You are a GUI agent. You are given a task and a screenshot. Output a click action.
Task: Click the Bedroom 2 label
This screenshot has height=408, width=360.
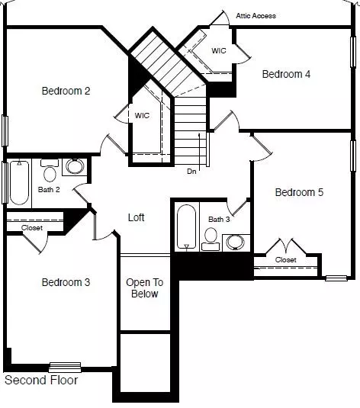[x=66, y=91]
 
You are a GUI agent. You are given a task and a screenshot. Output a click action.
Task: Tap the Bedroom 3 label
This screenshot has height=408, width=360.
[x=66, y=282]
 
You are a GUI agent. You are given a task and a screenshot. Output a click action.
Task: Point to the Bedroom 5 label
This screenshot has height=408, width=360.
[x=299, y=192]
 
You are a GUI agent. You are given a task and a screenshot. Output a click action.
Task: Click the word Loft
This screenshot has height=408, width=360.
[x=136, y=217]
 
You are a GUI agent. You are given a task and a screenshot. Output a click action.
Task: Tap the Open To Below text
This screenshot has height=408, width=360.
[x=144, y=288]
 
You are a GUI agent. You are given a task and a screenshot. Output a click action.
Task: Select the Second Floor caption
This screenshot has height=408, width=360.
[x=41, y=380]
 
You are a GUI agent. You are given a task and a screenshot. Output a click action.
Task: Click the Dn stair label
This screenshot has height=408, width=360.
[x=191, y=172]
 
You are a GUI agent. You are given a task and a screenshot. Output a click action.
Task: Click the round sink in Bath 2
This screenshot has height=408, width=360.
[x=75, y=167]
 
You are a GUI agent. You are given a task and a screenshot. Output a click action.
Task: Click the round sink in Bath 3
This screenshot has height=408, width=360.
[x=236, y=242]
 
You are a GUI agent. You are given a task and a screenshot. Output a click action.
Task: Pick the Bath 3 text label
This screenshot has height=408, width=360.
[x=219, y=220]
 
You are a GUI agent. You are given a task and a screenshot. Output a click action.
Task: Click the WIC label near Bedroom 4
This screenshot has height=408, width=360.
[x=219, y=50]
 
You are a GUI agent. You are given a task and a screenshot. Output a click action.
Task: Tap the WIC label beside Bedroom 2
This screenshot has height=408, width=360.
[x=143, y=116]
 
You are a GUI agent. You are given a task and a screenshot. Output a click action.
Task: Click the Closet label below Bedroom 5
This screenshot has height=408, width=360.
[x=285, y=260]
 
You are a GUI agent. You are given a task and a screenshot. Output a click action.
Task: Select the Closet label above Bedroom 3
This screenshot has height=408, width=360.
[x=32, y=227]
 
